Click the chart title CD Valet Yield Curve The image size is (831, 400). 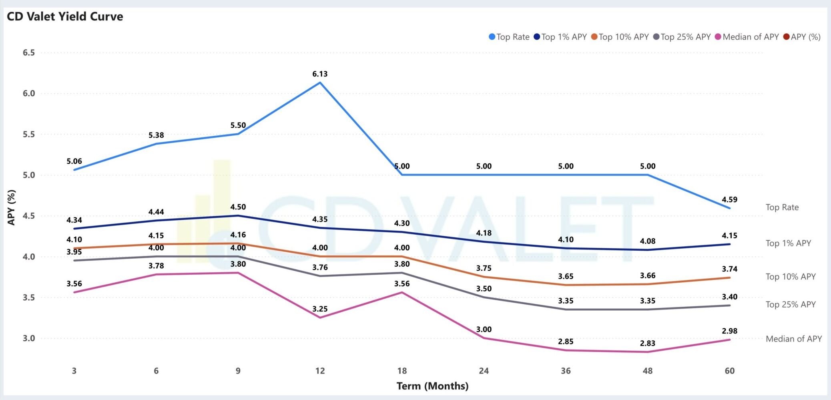65,16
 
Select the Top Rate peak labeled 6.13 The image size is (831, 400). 320,82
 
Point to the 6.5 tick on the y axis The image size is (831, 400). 28,52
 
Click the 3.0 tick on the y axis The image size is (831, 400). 28,338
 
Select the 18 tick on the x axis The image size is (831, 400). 402,371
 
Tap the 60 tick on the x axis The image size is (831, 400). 729,371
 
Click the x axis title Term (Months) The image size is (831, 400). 432,386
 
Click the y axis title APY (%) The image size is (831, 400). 11,207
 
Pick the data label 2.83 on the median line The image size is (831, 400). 647,343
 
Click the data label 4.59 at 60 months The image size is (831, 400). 729,199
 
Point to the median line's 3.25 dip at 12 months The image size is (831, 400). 320,318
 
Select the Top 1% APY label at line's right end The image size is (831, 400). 788,243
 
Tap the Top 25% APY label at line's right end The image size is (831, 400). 790,304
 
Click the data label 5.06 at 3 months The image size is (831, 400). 74,161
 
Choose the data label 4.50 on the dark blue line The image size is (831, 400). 238,207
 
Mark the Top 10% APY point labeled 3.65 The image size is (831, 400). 566,285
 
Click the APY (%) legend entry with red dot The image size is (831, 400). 802,37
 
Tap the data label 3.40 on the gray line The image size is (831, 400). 729,297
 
